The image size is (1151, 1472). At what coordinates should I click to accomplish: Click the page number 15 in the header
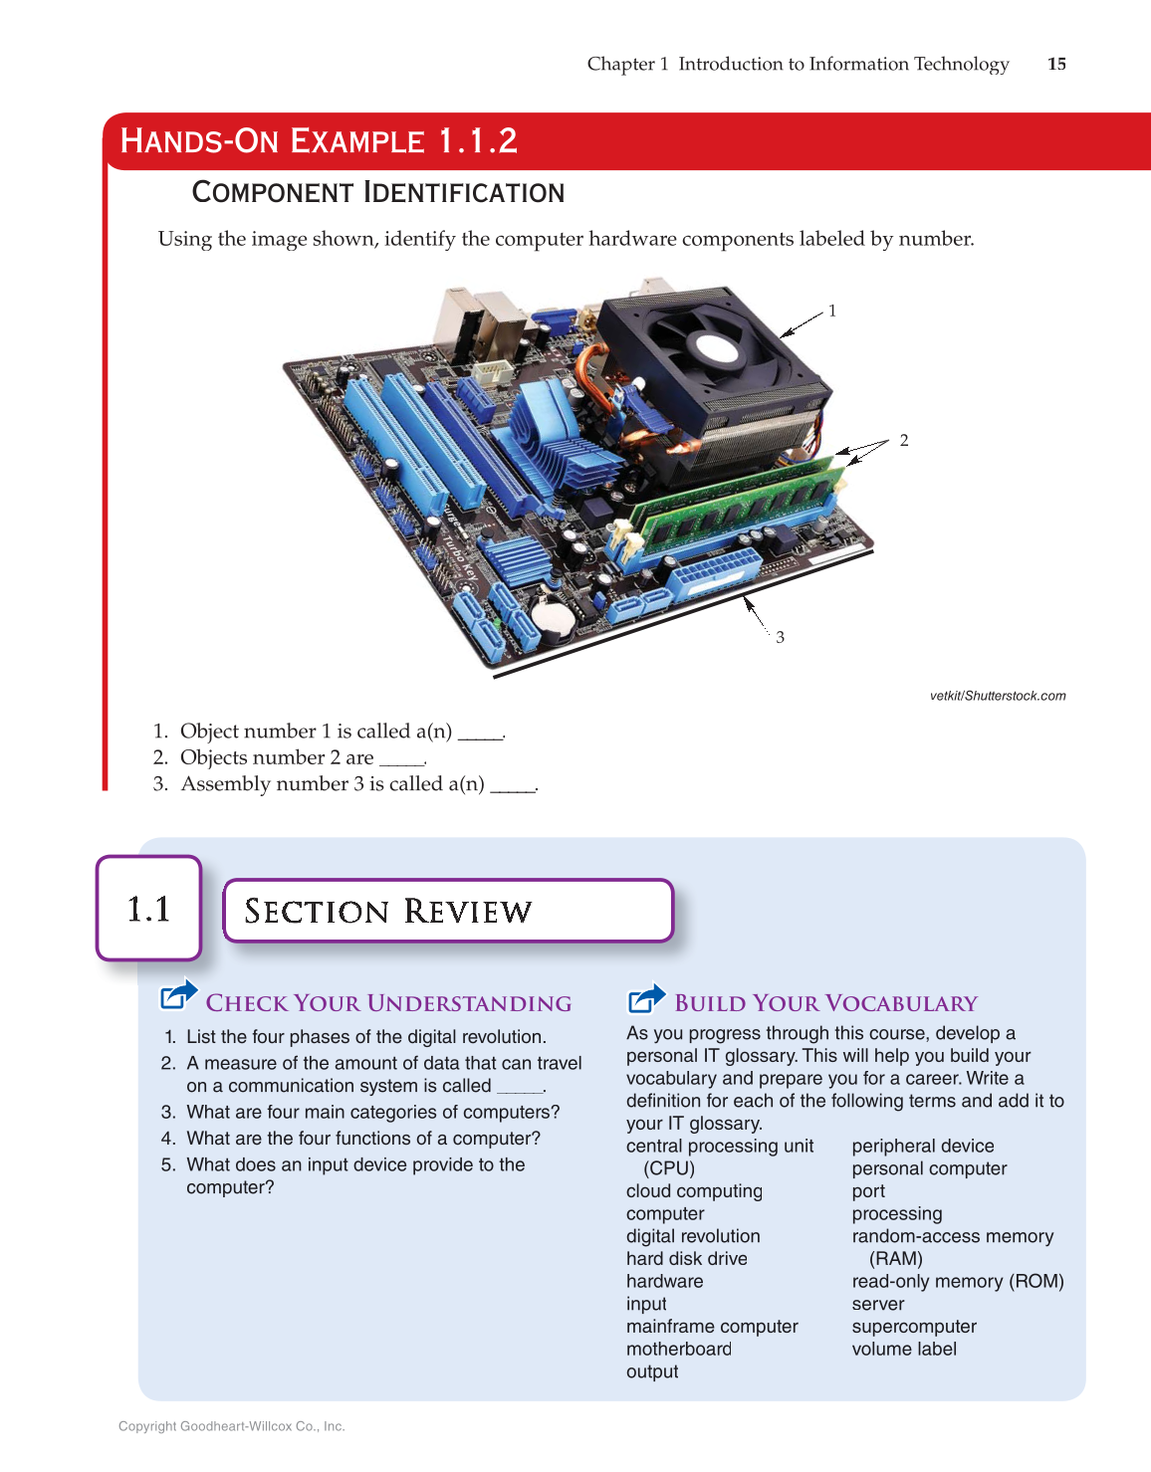click(1056, 64)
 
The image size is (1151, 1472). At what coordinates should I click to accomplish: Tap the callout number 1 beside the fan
click(832, 311)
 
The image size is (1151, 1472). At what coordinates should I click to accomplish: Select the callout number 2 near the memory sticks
click(903, 440)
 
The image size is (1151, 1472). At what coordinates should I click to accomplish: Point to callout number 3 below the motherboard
click(780, 637)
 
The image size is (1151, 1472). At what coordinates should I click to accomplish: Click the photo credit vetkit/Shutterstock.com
click(997, 696)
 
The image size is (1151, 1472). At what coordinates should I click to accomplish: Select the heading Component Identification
click(377, 192)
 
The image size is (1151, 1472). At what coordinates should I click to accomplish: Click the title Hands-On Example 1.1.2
click(319, 141)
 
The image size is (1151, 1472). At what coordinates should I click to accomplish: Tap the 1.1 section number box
click(148, 909)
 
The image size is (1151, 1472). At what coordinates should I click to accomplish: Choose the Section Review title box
click(448, 911)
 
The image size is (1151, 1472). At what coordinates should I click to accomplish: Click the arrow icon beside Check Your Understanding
click(179, 995)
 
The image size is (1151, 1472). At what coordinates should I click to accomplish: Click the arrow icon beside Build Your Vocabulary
click(647, 997)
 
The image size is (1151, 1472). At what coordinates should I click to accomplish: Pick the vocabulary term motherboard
click(678, 1349)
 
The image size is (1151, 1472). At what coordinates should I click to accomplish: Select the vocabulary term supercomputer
click(913, 1326)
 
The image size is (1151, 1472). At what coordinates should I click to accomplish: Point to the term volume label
click(903, 1349)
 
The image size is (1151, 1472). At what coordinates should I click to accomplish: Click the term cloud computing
click(694, 1190)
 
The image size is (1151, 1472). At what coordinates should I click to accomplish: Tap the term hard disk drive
click(686, 1258)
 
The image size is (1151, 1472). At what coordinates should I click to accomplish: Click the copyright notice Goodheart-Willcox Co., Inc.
click(231, 1426)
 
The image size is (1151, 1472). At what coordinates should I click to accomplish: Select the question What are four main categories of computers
click(372, 1112)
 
